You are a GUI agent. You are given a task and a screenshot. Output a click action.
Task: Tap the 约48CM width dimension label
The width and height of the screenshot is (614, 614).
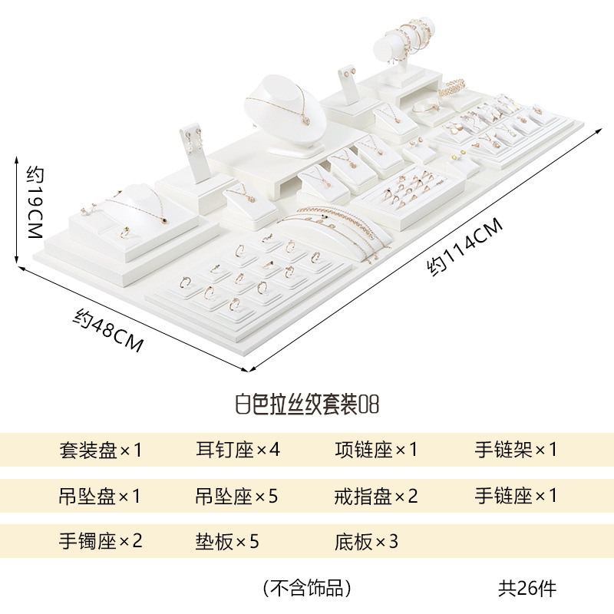[109, 330]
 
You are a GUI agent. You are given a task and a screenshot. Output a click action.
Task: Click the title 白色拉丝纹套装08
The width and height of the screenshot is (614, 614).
[307, 404]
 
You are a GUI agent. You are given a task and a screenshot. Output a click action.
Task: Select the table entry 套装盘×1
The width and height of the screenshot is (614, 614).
[101, 450]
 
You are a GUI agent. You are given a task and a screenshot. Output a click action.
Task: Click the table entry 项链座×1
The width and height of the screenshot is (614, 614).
[376, 450]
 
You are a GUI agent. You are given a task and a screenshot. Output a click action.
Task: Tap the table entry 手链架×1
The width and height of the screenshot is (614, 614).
[516, 450]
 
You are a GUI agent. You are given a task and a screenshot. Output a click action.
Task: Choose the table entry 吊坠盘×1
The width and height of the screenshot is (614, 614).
[101, 496]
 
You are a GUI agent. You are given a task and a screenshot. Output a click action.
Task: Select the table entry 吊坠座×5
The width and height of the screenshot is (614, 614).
[236, 496]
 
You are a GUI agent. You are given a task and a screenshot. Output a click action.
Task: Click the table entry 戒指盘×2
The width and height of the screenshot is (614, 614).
[376, 496]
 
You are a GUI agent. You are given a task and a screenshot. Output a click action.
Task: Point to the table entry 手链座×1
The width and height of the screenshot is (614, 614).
[516, 496]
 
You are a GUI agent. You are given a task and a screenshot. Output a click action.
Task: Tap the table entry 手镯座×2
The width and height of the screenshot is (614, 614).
[101, 541]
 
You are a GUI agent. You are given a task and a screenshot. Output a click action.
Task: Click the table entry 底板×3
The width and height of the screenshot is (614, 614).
[367, 541]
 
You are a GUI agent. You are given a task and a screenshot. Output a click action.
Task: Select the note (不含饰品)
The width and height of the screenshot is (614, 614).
[307, 588]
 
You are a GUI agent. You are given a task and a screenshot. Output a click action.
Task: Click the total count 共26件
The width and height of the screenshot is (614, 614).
[527, 588]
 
